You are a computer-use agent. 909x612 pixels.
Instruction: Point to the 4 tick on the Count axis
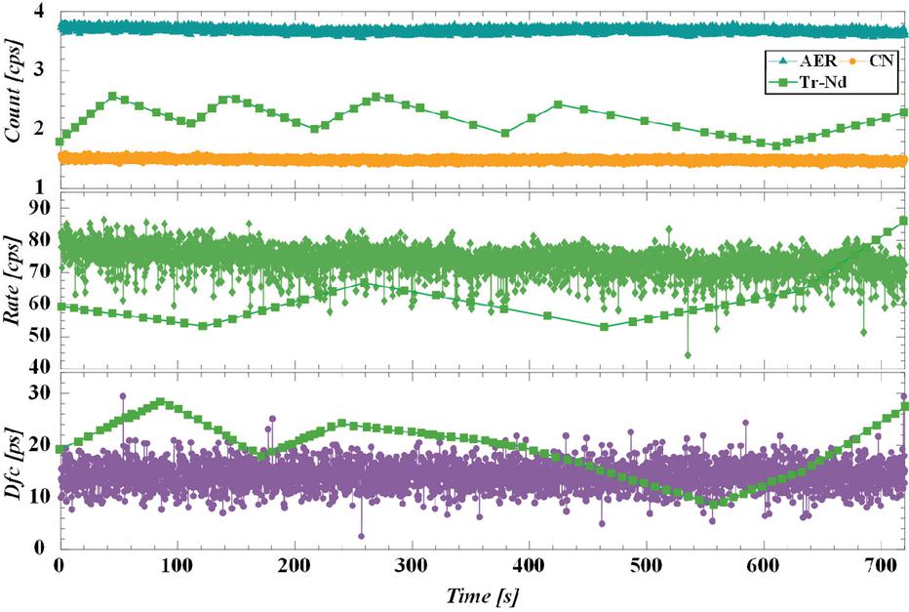pyautogui.click(x=40, y=12)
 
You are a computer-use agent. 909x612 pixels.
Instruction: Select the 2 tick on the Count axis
pyautogui.click(x=40, y=129)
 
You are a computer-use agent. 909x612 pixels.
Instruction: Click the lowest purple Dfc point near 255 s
pyautogui.click(x=361, y=536)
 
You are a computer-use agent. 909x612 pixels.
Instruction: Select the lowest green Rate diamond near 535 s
pyautogui.click(x=688, y=354)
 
